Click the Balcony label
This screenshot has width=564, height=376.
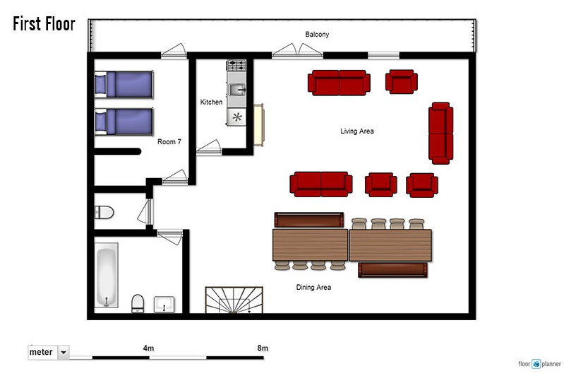(317, 35)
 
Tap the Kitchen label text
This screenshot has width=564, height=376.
(211, 102)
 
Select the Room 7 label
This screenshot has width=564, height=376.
(169, 142)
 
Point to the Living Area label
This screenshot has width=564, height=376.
(356, 131)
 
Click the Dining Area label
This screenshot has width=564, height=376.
(313, 288)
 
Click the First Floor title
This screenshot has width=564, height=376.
(44, 24)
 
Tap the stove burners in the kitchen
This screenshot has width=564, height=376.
(236, 65)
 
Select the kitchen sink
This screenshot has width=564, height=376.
(236, 89)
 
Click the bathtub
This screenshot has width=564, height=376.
(107, 276)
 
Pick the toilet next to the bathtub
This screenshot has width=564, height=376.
(138, 303)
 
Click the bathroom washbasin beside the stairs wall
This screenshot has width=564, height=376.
(164, 305)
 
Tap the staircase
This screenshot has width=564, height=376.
(234, 300)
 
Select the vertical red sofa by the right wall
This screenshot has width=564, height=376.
(440, 134)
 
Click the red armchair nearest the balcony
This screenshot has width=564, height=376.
(402, 82)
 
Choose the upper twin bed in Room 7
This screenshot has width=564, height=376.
(124, 85)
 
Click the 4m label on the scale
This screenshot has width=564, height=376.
(148, 348)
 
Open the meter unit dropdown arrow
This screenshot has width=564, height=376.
(64, 352)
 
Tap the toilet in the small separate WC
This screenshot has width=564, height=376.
(104, 213)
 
